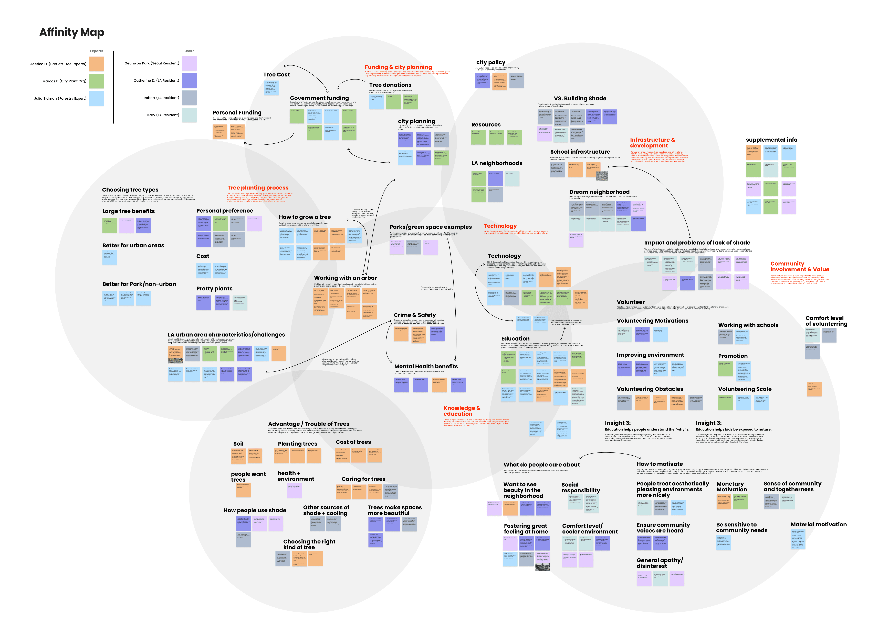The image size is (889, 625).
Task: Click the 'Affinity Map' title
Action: [x=72, y=32]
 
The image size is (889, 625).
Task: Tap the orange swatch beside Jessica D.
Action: [x=96, y=64]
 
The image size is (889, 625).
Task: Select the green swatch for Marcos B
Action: [x=96, y=81]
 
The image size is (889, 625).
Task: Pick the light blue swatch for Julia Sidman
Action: [x=96, y=98]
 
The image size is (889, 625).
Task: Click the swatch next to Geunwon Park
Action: [x=189, y=63]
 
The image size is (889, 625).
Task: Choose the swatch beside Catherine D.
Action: [x=189, y=81]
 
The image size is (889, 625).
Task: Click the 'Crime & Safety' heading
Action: [x=415, y=315]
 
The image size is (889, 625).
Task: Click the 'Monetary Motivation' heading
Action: [x=731, y=486]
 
